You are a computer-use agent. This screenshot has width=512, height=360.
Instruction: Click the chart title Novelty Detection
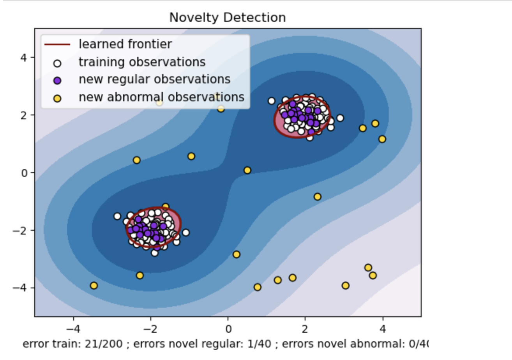[x=227, y=18]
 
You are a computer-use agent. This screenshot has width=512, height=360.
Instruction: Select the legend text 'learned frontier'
[x=125, y=44]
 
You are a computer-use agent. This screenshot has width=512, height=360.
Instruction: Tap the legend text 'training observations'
[x=142, y=62]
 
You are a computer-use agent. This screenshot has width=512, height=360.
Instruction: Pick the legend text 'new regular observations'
[x=154, y=79]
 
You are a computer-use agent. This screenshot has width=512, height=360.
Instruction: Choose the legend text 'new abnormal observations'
[x=161, y=97]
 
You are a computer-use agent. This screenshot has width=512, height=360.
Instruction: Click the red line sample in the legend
[x=57, y=44]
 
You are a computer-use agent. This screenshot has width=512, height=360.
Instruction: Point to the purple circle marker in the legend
[x=58, y=80]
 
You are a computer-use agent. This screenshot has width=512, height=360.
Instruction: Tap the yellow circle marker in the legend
[x=58, y=97]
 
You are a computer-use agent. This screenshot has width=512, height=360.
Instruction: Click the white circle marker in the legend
[x=58, y=62]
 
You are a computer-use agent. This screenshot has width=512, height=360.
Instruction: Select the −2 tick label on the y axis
[x=21, y=230]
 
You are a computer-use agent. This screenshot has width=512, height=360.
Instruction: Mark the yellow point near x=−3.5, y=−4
[x=94, y=286]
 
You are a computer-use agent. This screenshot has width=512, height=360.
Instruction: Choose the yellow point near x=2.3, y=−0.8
[x=318, y=197]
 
